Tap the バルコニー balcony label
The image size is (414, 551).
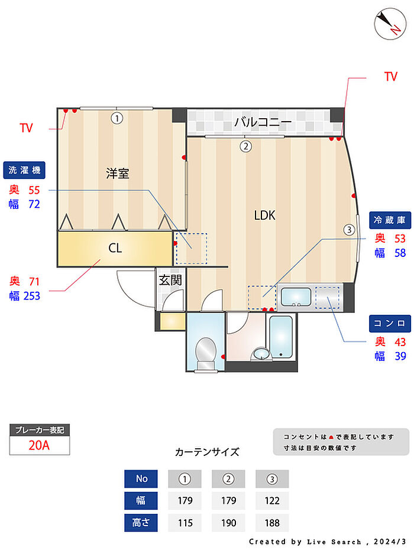click(263, 123)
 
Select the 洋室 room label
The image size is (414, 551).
click(117, 173)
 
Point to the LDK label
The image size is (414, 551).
click(265, 216)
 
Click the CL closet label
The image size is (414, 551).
click(115, 248)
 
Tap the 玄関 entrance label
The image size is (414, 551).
click(170, 280)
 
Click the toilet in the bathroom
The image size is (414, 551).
click(205, 353)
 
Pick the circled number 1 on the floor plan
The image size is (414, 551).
click(117, 118)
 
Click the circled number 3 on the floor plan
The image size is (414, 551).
click(350, 229)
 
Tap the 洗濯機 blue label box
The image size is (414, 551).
click(24, 171)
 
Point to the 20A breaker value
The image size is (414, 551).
click(40, 445)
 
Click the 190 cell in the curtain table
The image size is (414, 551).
click(228, 523)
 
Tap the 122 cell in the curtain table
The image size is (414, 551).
click(272, 501)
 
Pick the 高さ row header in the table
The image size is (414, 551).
click(141, 523)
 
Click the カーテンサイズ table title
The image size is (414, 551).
click(207, 452)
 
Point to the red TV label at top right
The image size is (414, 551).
click(390, 77)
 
